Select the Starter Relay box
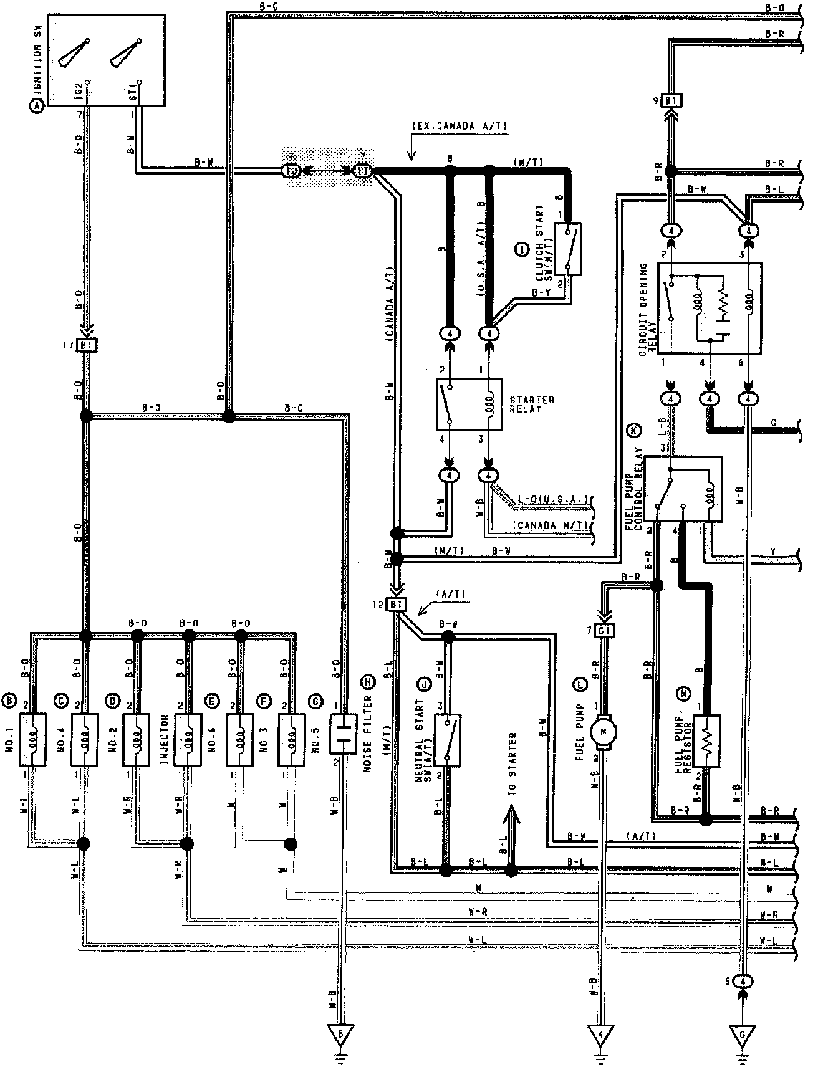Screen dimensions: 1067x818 click(469, 403)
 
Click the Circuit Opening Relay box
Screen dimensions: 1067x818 click(710, 309)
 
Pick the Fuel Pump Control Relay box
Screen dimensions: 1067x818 click(683, 489)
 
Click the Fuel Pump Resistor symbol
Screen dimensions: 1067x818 click(705, 741)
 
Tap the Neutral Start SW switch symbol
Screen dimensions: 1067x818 click(448, 740)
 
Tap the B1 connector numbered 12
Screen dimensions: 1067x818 click(397, 604)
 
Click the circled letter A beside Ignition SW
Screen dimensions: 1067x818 click(39, 107)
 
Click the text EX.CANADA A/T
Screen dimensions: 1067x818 click(460, 127)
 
